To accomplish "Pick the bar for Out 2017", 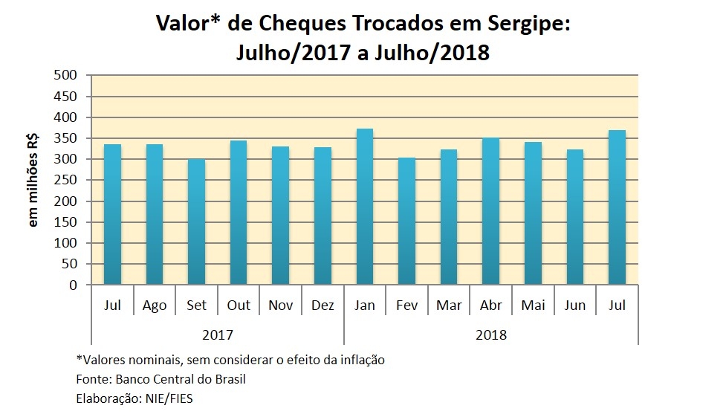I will click(239, 213).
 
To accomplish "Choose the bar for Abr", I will click(490, 211).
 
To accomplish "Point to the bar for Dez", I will click(323, 216).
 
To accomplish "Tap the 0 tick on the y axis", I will click(73, 285).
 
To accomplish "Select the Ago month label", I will click(155, 306).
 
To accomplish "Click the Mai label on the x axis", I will click(533, 306).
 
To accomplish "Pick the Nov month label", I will click(281, 306).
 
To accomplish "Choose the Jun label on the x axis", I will click(575, 306).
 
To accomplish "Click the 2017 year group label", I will click(218, 334).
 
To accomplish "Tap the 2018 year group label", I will click(490, 334).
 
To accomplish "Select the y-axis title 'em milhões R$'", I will click(33, 181).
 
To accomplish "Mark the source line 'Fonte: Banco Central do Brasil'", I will click(161, 379).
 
